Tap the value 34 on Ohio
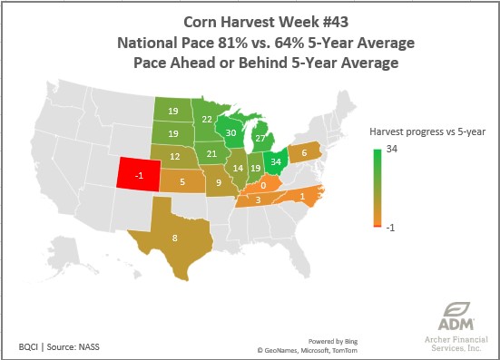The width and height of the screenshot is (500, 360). pyautogui.click(x=275, y=165)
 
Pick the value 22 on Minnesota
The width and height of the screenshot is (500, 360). pyautogui.click(x=207, y=119)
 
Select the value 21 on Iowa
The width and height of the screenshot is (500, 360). pyautogui.click(x=211, y=153)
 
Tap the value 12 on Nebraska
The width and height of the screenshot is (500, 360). pyautogui.click(x=172, y=157)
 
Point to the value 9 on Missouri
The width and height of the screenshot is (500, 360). pyautogui.click(x=219, y=183)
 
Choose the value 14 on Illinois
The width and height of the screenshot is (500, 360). pyautogui.click(x=238, y=169)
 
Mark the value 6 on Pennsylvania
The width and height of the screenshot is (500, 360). pyautogui.click(x=303, y=152)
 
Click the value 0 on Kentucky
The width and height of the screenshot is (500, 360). pyautogui.click(x=263, y=185)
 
